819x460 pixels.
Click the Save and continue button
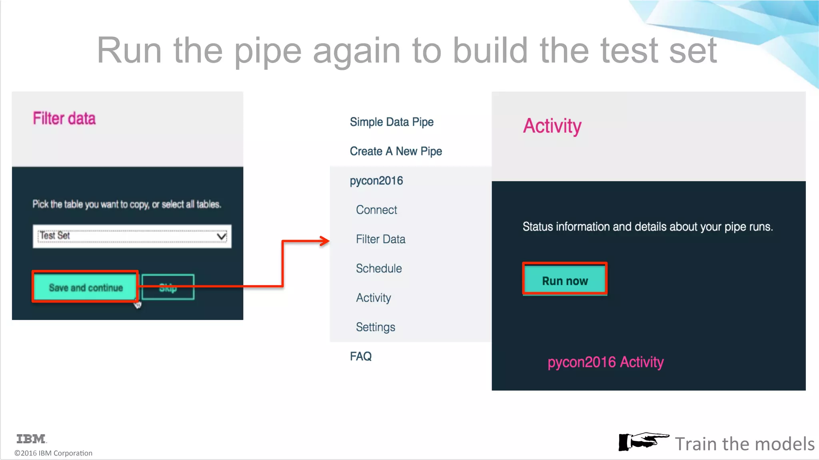tap(85, 287)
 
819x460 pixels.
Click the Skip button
tap(168, 287)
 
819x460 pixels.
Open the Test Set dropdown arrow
tap(221, 236)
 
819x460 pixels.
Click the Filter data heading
tap(64, 119)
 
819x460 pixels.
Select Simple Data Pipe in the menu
tap(392, 122)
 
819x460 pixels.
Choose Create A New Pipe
tap(396, 151)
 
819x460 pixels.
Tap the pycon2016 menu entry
tap(376, 180)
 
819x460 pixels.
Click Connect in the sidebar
tap(376, 210)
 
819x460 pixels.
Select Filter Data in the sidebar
tap(380, 239)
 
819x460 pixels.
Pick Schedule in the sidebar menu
tap(379, 268)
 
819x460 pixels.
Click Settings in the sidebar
tap(375, 327)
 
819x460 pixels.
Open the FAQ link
tap(361, 356)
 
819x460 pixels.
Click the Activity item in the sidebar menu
tap(374, 298)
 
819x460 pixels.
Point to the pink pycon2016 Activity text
tap(605, 362)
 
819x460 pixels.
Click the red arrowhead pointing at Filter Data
tap(324, 241)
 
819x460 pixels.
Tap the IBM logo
tap(31, 439)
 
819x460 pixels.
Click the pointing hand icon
tap(643, 442)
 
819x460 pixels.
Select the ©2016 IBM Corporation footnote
tap(53, 453)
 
